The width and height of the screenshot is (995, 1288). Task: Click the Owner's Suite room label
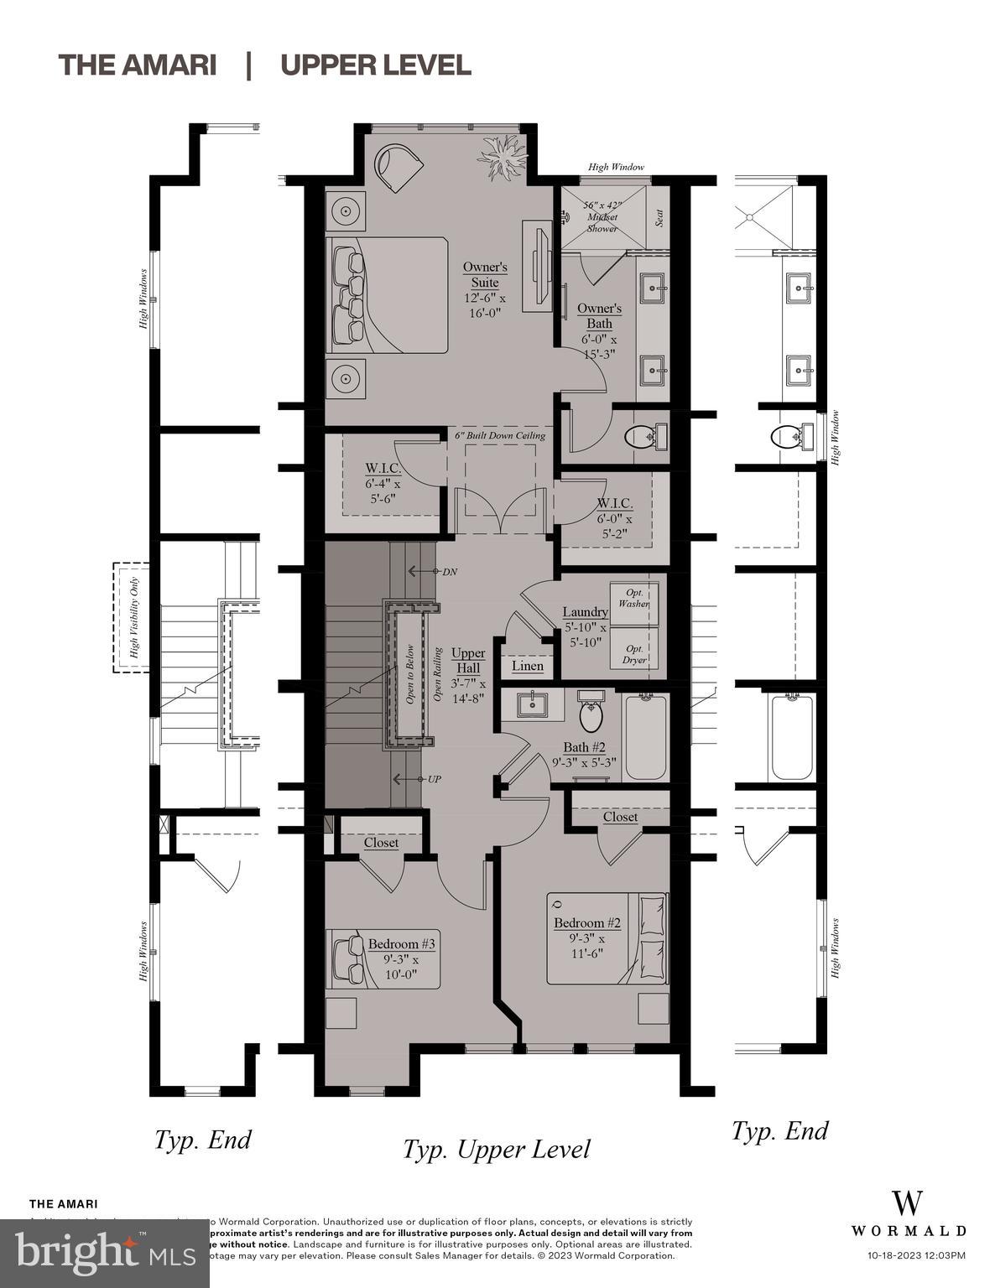click(x=485, y=275)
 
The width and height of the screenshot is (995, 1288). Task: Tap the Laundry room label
click(x=585, y=612)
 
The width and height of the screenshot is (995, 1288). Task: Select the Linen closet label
click(x=528, y=666)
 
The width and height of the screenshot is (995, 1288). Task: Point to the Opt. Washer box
click(x=633, y=598)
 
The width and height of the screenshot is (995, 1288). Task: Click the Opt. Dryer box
click(x=634, y=654)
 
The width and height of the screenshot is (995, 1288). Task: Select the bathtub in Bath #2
click(x=646, y=737)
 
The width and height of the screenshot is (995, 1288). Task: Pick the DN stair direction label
click(x=450, y=571)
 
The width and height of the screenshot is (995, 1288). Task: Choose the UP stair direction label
click(x=434, y=779)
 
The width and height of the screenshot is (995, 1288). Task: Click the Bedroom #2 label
click(x=587, y=923)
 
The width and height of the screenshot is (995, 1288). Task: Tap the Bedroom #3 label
click(x=402, y=944)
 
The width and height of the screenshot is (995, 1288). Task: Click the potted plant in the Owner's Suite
click(x=503, y=158)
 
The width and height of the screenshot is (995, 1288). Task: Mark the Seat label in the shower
click(x=659, y=218)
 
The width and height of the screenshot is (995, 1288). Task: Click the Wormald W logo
click(x=908, y=1203)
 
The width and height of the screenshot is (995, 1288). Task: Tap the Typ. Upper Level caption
click(x=496, y=1149)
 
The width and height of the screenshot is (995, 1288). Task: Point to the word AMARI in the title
click(x=169, y=65)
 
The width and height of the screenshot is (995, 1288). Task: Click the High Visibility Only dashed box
click(x=132, y=617)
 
